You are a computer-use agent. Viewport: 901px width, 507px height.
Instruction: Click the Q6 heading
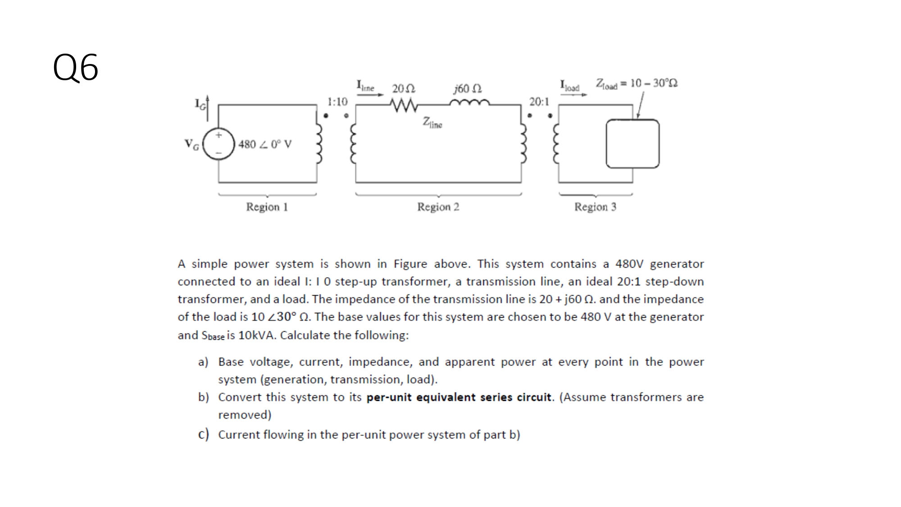pyautogui.click(x=75, y=68)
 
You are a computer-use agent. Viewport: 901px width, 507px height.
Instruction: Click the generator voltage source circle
pyautogui.click(x=218, y=144)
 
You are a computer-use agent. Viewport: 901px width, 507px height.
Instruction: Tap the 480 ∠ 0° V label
pyautogui.click(x=265, y=144)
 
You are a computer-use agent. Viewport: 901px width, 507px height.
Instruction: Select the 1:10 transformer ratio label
pyautogui.click(x=337, y=102)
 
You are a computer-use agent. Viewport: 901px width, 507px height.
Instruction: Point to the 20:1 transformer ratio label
pyautogui.click(x=539, y=102)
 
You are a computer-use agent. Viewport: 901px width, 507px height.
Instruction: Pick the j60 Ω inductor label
pyautogui.click(x=467, y=88)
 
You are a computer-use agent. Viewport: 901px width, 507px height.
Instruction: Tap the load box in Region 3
pyautogui.click(x=633, y=144)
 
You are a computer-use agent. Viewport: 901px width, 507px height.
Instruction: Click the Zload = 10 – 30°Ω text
pyautogui.click(x=637, y=84)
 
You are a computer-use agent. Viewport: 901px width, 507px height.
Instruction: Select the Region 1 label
pyautogui.click(x=267, y=207)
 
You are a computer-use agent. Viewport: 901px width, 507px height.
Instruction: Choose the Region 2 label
pyautogui.click(x=438, y=207)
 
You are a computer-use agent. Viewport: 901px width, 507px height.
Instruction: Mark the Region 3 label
pyautogui.click(x=595, y=207)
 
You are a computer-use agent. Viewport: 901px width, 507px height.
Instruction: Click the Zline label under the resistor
pyautogui.click(x=432, y=122)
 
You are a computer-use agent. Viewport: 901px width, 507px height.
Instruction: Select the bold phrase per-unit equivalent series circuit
pyautogui.click(x=459, y=397)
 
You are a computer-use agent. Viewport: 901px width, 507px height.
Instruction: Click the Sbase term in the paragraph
pyautogui.click(x=213, y=336)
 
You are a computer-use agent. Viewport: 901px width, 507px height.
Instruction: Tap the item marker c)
pyautogui.click(x=203, y=434)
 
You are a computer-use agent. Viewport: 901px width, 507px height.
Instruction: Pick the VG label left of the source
pyautogui.click(x=191, y=144)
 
